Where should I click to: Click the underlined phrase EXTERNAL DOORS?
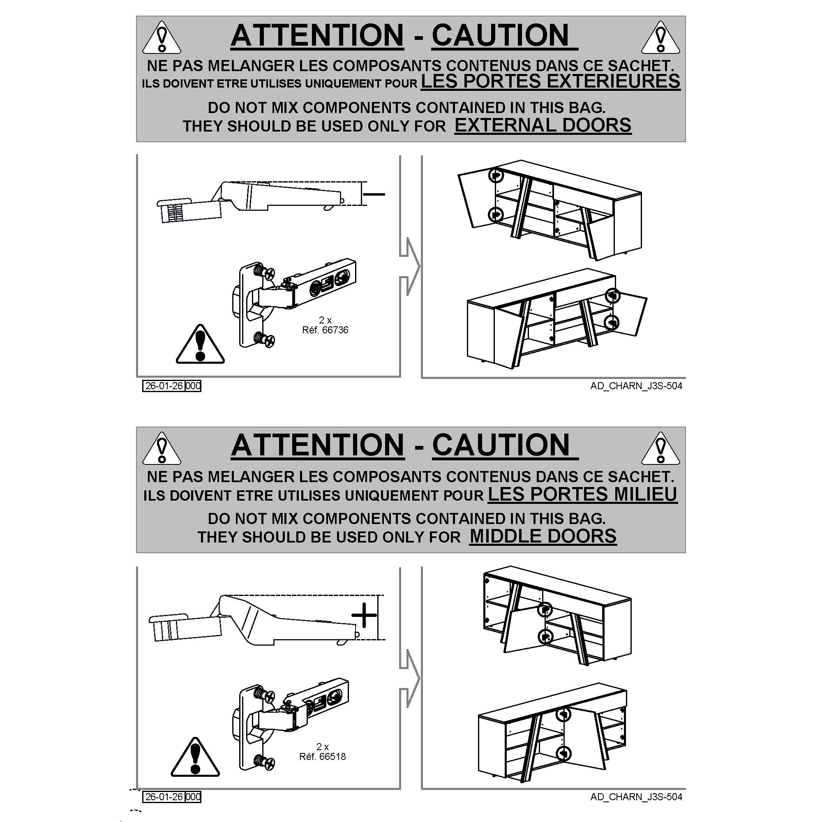[x=543, y=125]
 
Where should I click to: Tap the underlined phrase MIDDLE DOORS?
[x=543, y=536]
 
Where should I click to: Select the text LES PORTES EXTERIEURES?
[x=551, y=81]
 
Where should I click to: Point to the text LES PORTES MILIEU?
[x=582, y=494]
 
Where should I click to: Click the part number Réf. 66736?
[x=325, y=330]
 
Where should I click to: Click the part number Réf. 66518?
[x=323, y=757]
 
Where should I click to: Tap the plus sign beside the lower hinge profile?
[x=364, y=615]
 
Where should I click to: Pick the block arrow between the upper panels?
[x=410, y=267]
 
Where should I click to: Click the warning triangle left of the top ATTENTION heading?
[x=162, y=37]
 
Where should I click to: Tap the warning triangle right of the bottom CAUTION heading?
[x=660, y=448]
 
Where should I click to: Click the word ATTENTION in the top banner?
[x=317, y=35]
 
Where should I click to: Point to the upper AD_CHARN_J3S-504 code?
[x=636, y=386]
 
